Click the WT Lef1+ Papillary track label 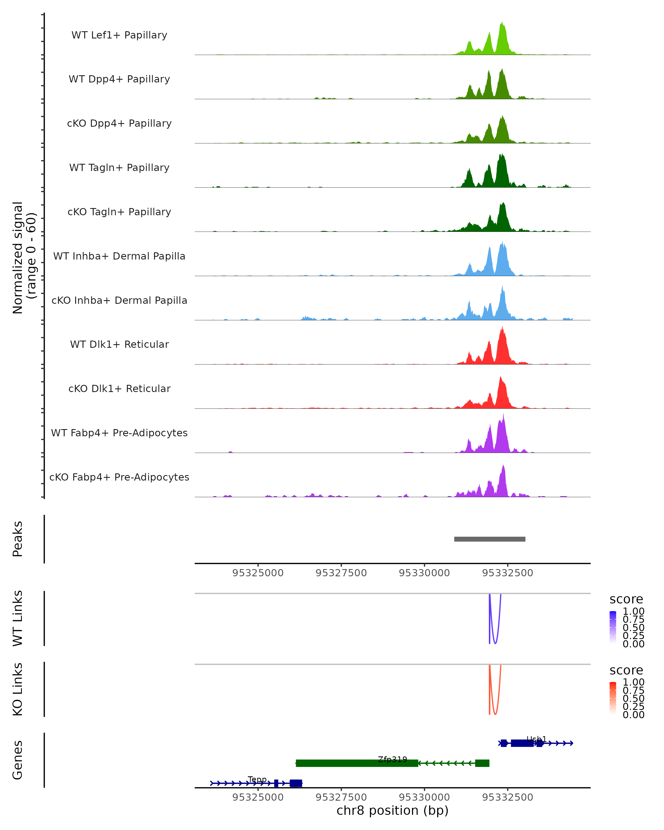coord(119,35)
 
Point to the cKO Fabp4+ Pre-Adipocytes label coord(119,477)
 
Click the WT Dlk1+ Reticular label coord(119,344)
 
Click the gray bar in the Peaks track coord(490,539)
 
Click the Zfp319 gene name coord(392,759)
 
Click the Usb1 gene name coord(536,739)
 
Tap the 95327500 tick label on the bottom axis coord(341,797)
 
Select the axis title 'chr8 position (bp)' coord(392,811)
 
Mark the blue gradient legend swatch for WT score coord(613,627)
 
